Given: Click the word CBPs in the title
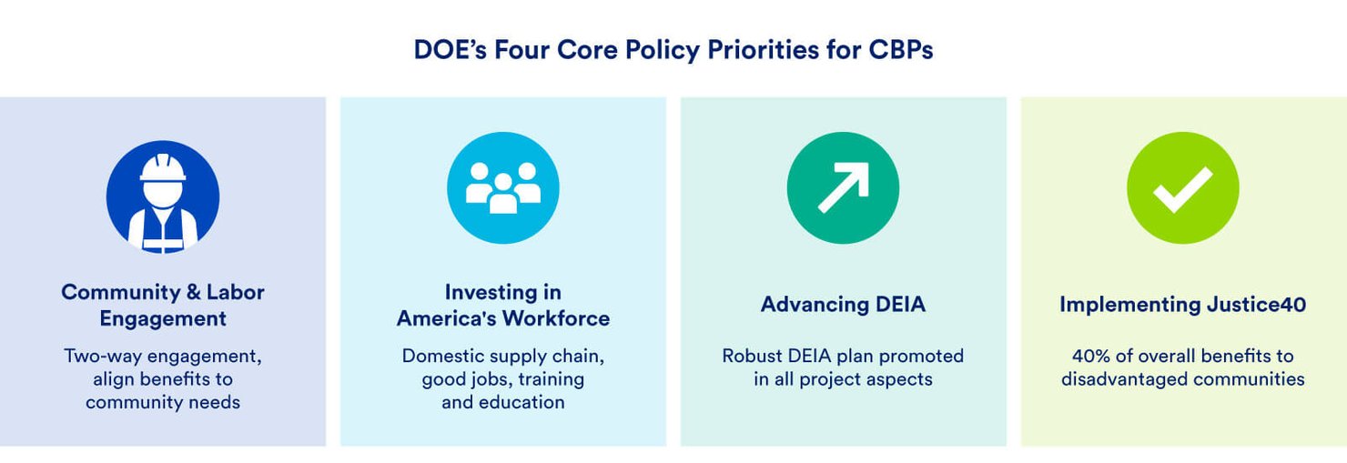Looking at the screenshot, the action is [901, 49].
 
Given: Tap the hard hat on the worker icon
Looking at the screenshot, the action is [163, 167].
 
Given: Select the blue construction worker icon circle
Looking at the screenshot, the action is [163, 196].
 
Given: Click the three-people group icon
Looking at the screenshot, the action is [503, 187].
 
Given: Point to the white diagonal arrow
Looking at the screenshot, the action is [844, 187].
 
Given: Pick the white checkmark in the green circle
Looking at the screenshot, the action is [1183, 189].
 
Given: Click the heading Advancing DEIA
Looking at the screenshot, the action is [843, 304].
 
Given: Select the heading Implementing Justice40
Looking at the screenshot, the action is [1183, 305].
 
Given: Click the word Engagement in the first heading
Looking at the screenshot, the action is [163, 318].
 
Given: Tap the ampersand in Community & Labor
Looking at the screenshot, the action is [194, 293].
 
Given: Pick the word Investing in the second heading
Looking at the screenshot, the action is [485, 293].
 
